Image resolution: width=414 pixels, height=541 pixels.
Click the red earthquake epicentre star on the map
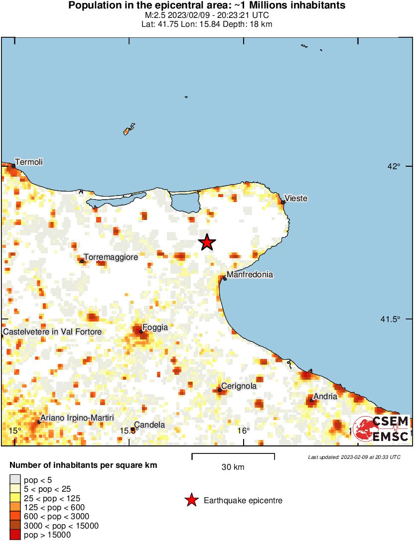(x=207, y=242)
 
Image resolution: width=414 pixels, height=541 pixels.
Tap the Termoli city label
(x=29, y=162)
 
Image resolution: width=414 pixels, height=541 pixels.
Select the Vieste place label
(x=296, y=199)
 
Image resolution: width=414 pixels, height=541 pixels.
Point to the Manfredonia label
(x=250, y=274)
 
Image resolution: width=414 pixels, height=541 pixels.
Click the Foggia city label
(x=155, y=327)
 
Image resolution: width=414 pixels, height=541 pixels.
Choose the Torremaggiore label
(x=111, y=257)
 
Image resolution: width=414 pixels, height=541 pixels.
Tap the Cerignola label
(x=239, y=386)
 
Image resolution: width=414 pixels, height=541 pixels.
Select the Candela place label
(x=149, y=425)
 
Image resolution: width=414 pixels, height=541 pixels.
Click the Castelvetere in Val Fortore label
(x=52, y=331)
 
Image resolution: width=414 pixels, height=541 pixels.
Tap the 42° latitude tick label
(x=395, y=166)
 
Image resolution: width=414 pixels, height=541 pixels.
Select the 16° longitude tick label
(x=243, y=431)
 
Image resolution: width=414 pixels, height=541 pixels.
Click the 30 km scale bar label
(x=233, y=467)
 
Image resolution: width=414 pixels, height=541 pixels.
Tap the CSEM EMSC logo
(x=381, y=429)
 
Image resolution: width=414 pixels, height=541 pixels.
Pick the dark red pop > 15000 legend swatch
(x=15, y=535)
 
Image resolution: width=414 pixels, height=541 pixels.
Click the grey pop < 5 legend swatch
(x=15, y=480)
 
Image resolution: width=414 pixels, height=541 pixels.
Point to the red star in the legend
(x=191, y=501)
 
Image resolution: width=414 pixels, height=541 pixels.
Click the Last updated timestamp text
(x=354, y=457)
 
